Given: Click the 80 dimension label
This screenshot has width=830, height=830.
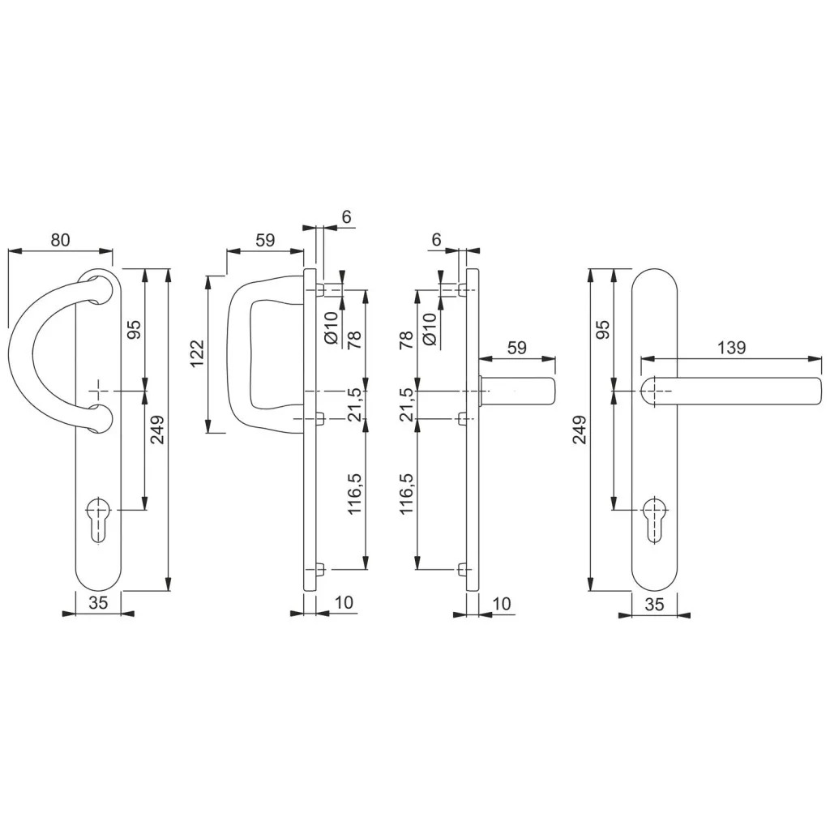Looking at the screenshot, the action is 60,240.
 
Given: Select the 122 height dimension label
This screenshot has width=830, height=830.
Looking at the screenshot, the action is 196,353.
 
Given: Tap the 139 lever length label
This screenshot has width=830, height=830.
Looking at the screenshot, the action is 732,348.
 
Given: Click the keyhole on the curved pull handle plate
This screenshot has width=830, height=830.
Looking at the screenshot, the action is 98,520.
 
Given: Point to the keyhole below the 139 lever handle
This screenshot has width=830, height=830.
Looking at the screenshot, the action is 656,520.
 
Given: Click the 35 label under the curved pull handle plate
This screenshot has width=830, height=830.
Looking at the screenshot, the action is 98,602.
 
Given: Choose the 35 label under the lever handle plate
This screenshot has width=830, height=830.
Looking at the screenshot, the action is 655,604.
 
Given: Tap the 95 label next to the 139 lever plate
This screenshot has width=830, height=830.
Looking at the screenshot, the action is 603,329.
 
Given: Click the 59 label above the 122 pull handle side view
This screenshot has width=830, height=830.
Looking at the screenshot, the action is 265,240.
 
